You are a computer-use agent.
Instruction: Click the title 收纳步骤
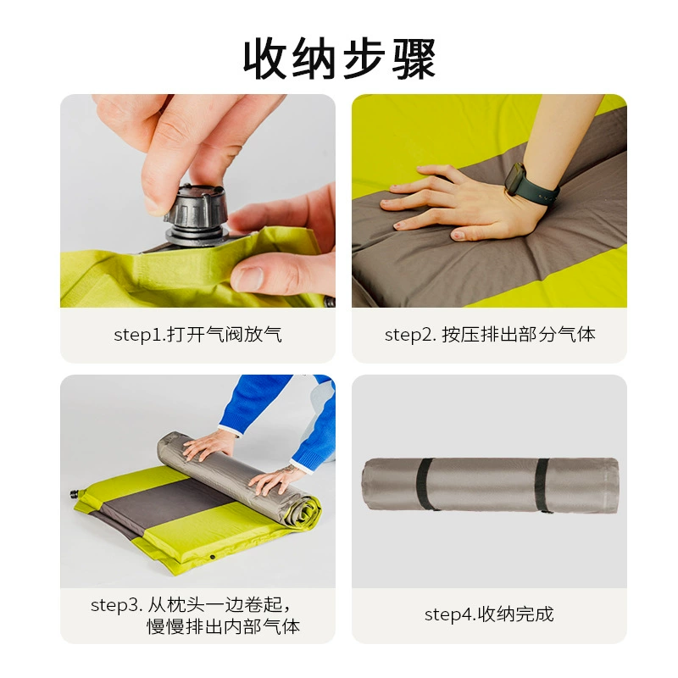click(x=340, y=58)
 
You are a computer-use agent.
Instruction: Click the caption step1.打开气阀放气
click(x=197, y=335)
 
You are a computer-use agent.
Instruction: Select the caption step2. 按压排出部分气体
click(x=490, y=335)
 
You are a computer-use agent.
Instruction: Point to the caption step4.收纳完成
click(x=489, y=614)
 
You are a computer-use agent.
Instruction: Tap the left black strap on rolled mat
click(x=425, y=484)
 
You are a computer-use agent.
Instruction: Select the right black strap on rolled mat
click(x=542, y=485)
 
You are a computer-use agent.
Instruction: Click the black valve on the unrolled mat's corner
click(x=76, y=494)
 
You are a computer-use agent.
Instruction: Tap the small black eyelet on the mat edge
click(x=213, y=557)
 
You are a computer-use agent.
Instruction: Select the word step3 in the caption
click(x=116, y=605)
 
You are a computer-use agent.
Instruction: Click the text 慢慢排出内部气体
click(x=224, y=626)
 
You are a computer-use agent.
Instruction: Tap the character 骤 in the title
click(x=414, y=58)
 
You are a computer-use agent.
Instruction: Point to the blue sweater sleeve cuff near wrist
click(x=229, y=430)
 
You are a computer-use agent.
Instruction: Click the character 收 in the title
click(x=264, y=58)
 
